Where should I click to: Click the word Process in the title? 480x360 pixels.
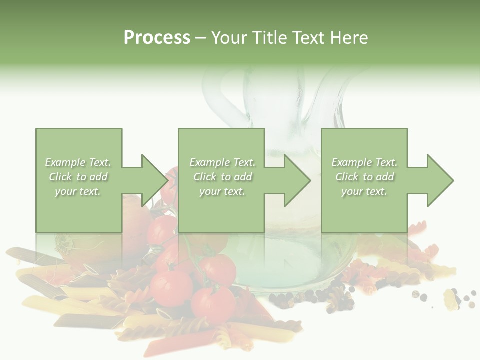157,38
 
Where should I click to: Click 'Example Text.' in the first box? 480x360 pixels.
78,162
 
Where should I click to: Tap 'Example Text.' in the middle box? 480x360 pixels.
222,162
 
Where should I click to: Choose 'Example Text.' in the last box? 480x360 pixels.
364,162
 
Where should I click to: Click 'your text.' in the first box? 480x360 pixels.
78,191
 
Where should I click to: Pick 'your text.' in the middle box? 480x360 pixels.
222,191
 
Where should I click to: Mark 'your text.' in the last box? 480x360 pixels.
364,191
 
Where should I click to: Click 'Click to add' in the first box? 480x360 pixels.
78,177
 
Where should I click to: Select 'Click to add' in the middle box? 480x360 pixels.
222,177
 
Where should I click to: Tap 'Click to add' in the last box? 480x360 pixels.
364,177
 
